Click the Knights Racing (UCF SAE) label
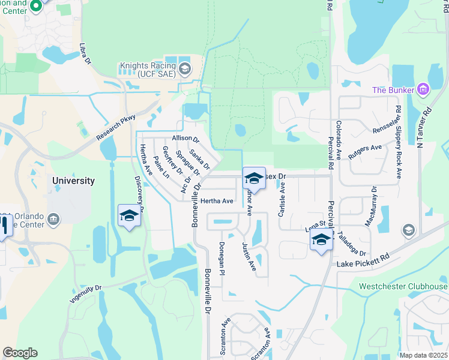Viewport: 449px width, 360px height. point(145,70)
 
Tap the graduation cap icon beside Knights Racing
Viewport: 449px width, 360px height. point(184,66)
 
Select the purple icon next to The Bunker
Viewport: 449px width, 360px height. point(423,90)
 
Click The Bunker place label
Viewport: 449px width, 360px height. point(393,90)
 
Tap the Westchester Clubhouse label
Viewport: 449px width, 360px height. point(403,286)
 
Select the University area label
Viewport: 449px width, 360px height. point(73,181)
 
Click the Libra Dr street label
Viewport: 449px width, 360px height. point(85,53)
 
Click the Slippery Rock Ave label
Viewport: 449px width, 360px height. point(398,143)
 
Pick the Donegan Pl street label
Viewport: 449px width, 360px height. point(221,259)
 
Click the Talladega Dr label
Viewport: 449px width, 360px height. point(352,245)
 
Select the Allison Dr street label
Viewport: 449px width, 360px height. point(185,139)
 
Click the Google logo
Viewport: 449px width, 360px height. point(20,353)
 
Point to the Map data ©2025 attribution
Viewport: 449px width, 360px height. point(423,355)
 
